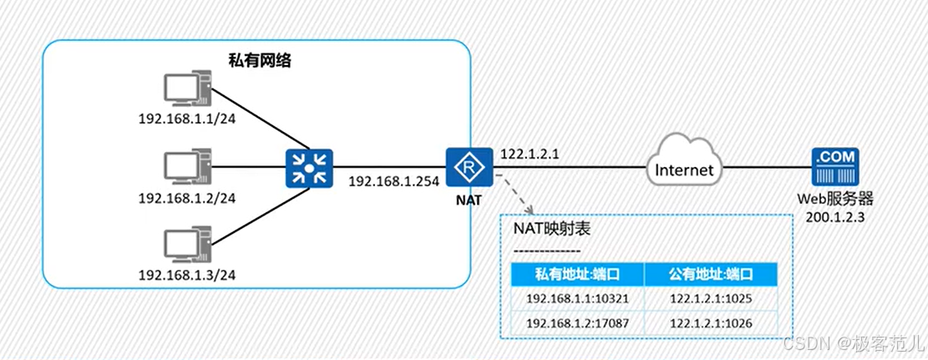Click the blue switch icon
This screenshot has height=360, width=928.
(x=310, y=166)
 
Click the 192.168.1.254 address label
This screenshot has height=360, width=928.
(x=393, y=180)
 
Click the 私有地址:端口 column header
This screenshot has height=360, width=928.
(x=577, y=273)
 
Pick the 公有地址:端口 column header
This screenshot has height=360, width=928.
(x=711, y=273)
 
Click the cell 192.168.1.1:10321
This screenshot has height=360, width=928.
(x=577, y=298)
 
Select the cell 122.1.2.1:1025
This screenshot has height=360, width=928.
(x=711, y=298)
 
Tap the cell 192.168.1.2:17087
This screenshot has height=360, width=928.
(x=577, y=322)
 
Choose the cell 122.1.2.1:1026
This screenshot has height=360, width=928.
(x=711, y=322)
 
